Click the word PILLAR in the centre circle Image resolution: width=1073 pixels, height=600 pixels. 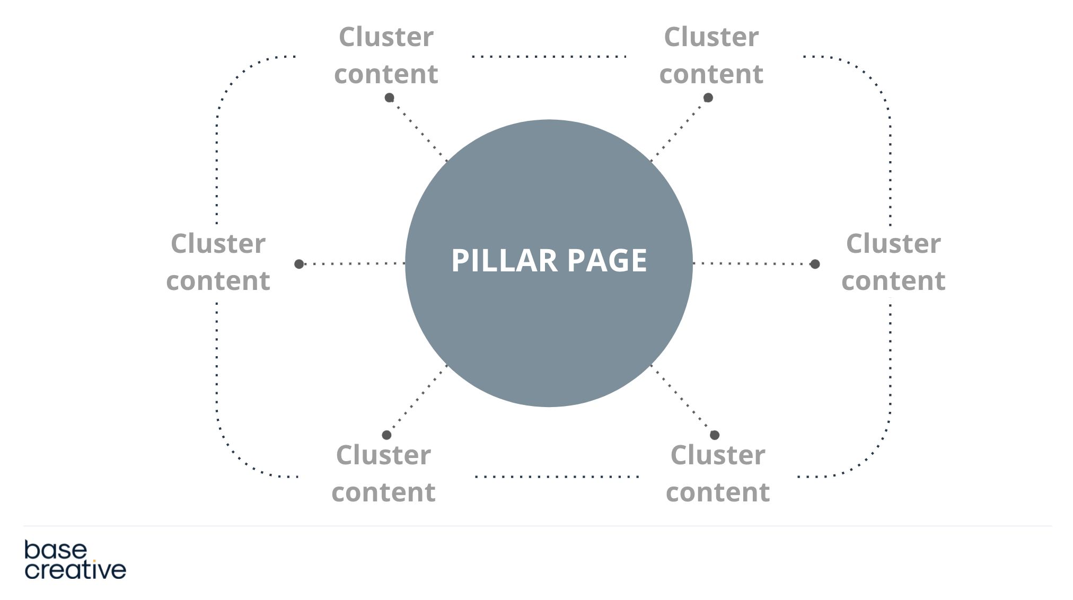coord(504,261)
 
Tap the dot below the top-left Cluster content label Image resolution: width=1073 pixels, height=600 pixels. coord(389,98)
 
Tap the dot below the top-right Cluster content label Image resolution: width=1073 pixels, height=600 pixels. coord(708,98)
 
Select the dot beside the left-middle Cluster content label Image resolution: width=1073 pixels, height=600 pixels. coord(299,264)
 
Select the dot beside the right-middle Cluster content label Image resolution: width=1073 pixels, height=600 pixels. coord(815,264)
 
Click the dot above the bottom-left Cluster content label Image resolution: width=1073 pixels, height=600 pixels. coord(386,435)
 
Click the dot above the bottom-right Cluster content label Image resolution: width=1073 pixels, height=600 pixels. coord(715,435)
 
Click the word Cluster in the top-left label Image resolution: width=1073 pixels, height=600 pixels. coord(386,37)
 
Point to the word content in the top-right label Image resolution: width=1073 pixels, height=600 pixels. coord(711,74)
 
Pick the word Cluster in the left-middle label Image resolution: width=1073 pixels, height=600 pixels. coord(218,244)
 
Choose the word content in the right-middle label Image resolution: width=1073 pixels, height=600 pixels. coord(893,281)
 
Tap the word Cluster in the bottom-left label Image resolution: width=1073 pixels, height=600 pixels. coord(383,455)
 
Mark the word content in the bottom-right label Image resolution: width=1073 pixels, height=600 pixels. coord(718,492)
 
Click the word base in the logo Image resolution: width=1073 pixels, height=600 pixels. coord(55,550)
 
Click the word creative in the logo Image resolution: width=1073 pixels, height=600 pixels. coord(75,570)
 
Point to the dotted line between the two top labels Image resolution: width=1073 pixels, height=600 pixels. coord(549,56)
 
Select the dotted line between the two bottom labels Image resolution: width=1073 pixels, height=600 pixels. coord(557,477)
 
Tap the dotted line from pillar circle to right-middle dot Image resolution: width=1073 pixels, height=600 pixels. coord(753,263)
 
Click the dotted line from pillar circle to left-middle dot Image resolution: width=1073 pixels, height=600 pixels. coord(353,263)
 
